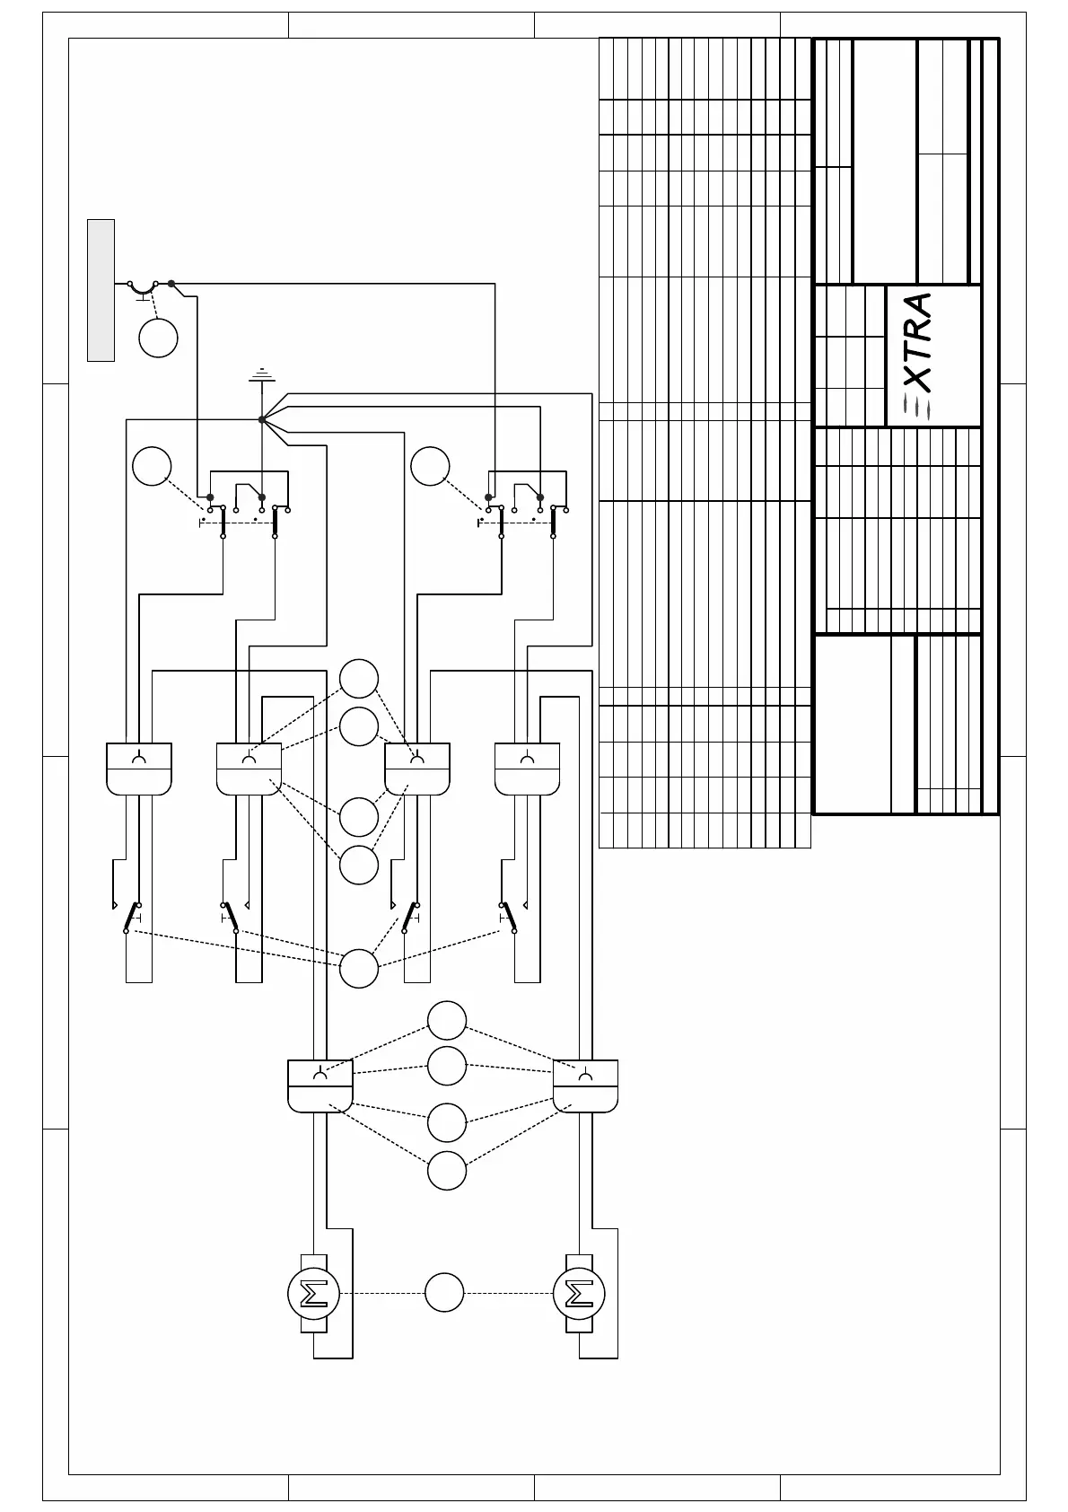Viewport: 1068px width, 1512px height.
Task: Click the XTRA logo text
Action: click(x=917, y=355)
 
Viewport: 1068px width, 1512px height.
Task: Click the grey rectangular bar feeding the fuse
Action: click(x=101, y=290)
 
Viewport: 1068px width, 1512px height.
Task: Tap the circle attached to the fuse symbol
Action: click(x=159, y=338)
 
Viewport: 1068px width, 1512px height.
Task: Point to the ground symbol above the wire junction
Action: click(x=261, y=375)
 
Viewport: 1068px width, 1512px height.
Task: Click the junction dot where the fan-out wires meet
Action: click(x=261, y=419)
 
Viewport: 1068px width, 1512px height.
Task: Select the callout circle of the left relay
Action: click(x=152, y=466)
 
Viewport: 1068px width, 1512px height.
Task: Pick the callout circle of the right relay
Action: click(x=430, y=466)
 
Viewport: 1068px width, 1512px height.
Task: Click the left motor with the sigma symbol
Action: click(x=312, y=1294)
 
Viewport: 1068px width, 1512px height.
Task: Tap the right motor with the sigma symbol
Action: click(x=580, y=1294)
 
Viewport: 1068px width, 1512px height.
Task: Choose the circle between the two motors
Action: click(x=444, y=1293)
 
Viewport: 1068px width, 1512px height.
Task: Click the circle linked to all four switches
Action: click(x=359, y=968)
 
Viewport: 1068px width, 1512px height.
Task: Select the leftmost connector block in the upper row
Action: click(x=139, y=769)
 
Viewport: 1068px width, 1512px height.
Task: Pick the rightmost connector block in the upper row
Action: click(x=528, y=769)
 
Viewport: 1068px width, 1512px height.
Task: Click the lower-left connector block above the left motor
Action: click(x=320, y=1086)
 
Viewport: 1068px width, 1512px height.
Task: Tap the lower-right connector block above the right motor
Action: click(x=585, y=1086)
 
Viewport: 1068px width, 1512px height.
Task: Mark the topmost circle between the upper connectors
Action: click(x=359, y=679)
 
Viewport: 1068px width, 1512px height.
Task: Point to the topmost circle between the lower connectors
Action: click(x=447, y=1020)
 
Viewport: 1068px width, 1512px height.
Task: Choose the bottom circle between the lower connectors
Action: click(x=447, y=1171)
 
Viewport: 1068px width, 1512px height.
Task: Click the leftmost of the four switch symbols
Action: click(x=132, y=917)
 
